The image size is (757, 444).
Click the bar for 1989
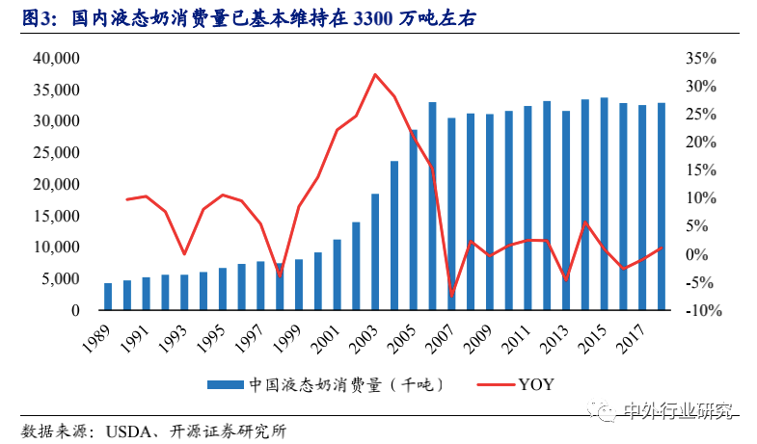tap(108, 297)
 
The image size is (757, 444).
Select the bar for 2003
tap(375, 252)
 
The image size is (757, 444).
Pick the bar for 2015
tap(604, 204)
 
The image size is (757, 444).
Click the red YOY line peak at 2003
tap(375, 74)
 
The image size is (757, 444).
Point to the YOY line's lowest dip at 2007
tap(451, 296)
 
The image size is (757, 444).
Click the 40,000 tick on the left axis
tap(55, 59)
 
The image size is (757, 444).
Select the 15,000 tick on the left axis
tap(55, 217)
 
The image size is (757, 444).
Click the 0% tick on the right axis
tap(702, 255)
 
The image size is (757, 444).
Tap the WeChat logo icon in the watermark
tap(608, 412)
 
